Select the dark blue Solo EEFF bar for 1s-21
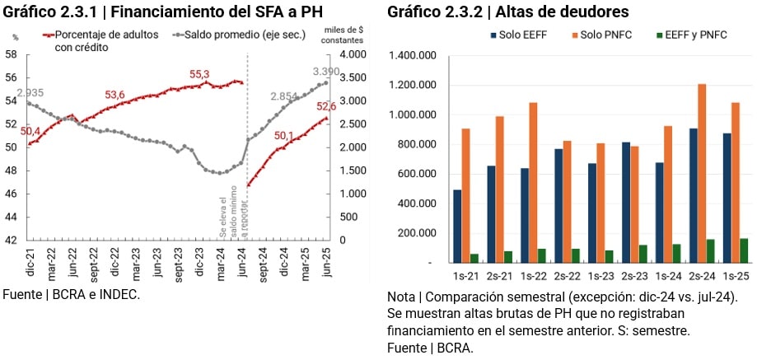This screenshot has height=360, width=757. [x=457, y=227]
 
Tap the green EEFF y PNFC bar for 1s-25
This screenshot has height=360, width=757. [x=744, y=250]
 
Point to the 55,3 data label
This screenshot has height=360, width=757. [x=200, y=74]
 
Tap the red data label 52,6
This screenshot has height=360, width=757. [x=326, y=106]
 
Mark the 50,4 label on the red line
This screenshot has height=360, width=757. [x=30, y=131]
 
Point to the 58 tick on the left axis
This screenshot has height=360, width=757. [x=12, y=54]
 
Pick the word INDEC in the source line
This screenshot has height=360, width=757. [x=116, y=294]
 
